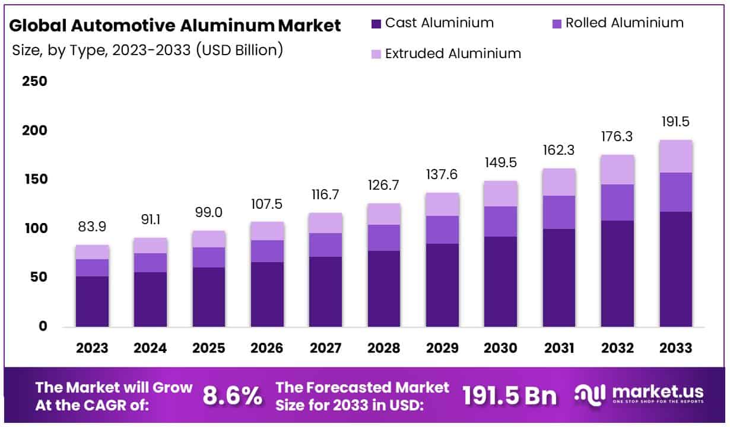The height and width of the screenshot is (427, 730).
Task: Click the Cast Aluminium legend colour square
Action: click(x=376, y=24)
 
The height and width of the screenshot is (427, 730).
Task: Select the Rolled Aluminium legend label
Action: click(x=624, y=23)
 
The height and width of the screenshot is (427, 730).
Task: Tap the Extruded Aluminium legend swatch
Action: click(x=376, y=54)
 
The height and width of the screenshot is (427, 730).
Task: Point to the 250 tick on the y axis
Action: click(x=34, y=81)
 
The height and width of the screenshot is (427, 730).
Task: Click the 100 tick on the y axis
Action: click(x=34, y=228)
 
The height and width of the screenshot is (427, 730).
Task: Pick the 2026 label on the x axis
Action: click(x=266, y=348)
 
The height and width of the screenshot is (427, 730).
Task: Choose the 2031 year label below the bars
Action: click(x=558, y=348)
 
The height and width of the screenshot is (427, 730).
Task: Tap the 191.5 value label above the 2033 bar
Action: click(x=675, y=122)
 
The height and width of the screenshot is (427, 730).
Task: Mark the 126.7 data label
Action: click(x=383, y=186)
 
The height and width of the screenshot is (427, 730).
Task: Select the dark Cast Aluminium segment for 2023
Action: click(x=92, y=301)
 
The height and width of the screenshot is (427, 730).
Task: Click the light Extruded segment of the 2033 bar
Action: click(x=675, y=156)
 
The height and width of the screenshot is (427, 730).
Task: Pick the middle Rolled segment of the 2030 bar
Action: click(x=500, y=221)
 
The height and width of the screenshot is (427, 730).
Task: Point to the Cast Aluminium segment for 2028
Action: click(x=383, y=288)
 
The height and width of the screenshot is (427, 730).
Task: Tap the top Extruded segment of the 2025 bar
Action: click(x=208, y=239)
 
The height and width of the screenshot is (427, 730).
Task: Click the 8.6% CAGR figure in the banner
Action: click(x=232, y=396)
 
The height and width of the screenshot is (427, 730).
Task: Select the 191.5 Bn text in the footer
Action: click(x=510, y=396)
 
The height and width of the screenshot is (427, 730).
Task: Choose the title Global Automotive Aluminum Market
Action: click(x=176, y=26)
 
